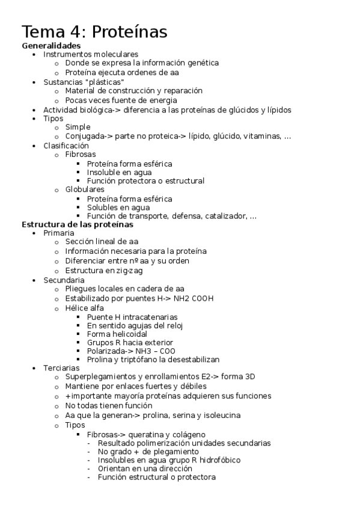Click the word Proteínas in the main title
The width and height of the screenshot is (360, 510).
pyautogui.click(x=129, y=31)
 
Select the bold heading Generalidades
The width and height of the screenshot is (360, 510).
pyautogui.click(x=51, y=45)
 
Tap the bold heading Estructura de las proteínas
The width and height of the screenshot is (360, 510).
pyautogui.click(x=78, y=224)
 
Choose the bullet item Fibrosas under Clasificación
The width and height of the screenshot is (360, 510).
pyautogui.click(x=81, y=155)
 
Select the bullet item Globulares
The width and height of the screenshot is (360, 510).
pyautogui.click(x=85, y=189)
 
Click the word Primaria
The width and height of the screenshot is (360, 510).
pyautogui.click(x=59, y=233)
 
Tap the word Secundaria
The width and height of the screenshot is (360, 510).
pyautogui.click(x=64, y=280)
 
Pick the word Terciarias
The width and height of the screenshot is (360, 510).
pyautogui.click(x=61, y=367)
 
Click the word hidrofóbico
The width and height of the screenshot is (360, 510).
pyautogui.click(x=217, y=460)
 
